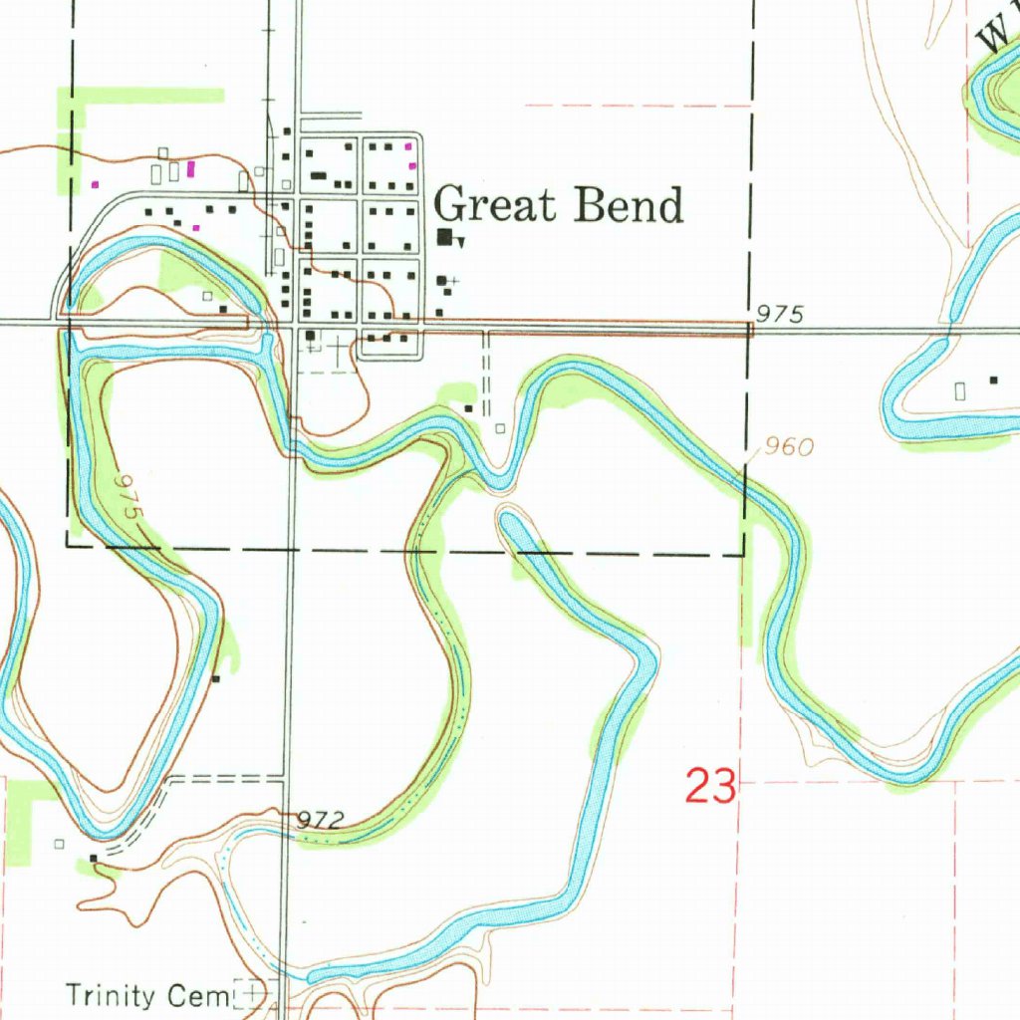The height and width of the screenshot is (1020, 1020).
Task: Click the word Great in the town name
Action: pyautogui.click(x=495, y=205)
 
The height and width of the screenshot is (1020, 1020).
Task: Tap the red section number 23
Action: pyautogui.click(x=711, y=787)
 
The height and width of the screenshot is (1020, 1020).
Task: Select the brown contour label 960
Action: pyautogui.click(x=790, y=447)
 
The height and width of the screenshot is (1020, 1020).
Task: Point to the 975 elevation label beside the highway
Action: pyautogui.click(x=779, y=315)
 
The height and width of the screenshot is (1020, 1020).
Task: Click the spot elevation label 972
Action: pyautogui.click(x=321, y=821)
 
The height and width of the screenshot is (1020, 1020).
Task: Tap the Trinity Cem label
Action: pyautogui.click(x=146, y=994)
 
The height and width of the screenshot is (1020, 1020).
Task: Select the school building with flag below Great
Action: pyautogui.click(x=445, y=237)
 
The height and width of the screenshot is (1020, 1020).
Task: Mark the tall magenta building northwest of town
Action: pyautogui.click(x=190, y=167)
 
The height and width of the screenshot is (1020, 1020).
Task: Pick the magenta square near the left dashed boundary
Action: pyautogui.click(x=96, y=184)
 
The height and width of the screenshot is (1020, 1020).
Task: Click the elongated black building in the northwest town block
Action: pyautogui.click(x=319, y=175)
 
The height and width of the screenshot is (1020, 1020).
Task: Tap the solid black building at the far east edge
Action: pyautogui.click(x=992, y=380)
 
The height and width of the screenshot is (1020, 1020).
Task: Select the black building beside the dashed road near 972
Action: pyautogui.click(x=93, y=857)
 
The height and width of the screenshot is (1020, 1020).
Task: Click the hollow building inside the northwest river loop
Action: pyautogui.click(x=207, y=296)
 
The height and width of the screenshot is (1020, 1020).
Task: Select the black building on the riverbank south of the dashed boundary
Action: pyautogui.click(x=215, y=678)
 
